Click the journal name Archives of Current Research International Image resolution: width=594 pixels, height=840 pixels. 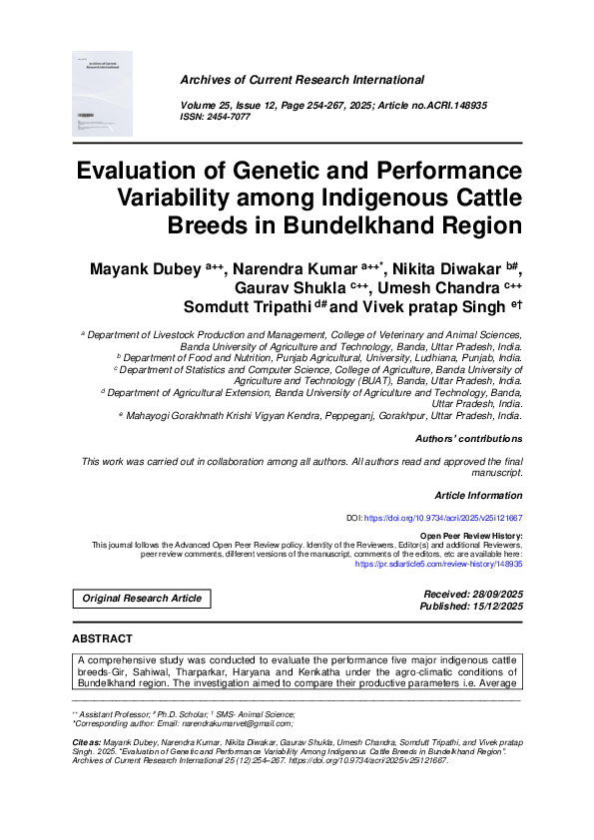click(301, 80)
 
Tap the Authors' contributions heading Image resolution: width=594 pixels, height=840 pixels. click(468, 439)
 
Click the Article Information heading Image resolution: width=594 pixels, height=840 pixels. click(478, 495)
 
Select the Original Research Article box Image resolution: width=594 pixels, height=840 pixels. click(141, 599)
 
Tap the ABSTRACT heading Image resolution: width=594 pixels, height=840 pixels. click(102, 638)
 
